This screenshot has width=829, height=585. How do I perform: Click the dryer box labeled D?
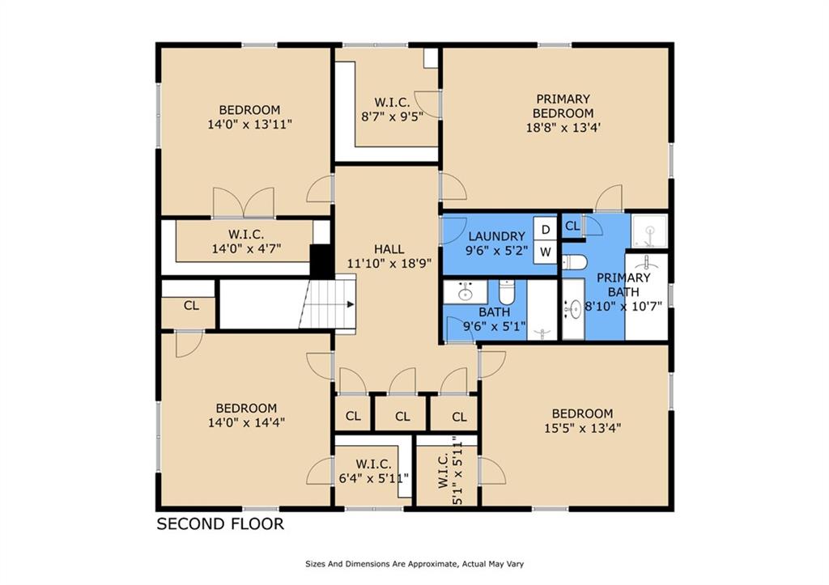pyautogui.click(x=545, y=229)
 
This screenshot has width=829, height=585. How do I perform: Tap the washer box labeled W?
pyautogui.click(x=545, y=252)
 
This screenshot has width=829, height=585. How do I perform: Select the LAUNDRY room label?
pyautogui.click(x=496, y=236)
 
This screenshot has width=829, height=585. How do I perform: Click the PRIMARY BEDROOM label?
pyautogui.click(x=563, y=106)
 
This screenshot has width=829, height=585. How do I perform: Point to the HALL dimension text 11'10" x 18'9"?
pyautogui.click(x=389, y=263)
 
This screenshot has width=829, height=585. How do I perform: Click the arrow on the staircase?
pyautogui.click(x=350, y=304)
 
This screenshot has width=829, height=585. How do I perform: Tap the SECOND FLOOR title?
pyautogui.click(x=220, y=524)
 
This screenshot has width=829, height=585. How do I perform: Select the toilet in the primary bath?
pyautogui.click(x=574, y=262)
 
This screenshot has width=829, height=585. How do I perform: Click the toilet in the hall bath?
pyautogui.click(x=506, y=292)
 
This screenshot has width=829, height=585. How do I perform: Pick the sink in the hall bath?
pyautogui.click(x=465, y=292)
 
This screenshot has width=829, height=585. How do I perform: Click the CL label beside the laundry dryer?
pyautogui.click(x=572, y=227)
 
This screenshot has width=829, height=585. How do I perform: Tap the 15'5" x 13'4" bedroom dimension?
pyautogui.click(x=582, y=427)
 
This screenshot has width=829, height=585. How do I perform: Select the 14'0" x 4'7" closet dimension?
pyautogui.click(x=246, y=248)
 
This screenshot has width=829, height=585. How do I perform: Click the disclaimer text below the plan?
pyautogui.click(x=414, y=564)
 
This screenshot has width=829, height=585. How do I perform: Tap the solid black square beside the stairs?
pyautogui.click(x=321, y=259)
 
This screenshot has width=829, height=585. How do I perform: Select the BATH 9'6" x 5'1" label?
pyautogui.click(x=495, y=319)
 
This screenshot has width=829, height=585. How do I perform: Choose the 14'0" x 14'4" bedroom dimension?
pyautogui.click(x=246, y=422)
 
